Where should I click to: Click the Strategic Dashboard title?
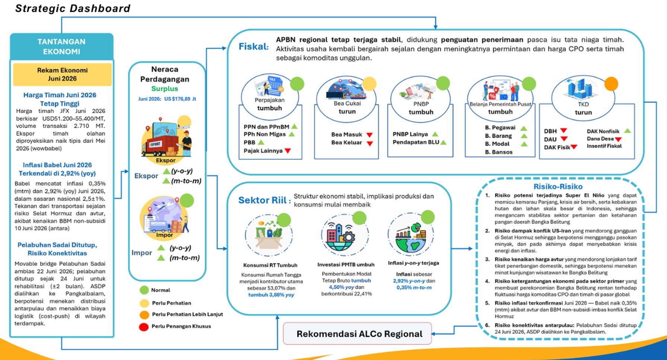[73, 8]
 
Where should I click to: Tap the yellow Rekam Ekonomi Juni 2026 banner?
[62, 74]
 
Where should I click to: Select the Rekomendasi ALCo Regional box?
[358, 334]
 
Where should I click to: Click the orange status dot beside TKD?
[611, 84]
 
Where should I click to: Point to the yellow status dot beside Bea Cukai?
[369, 84]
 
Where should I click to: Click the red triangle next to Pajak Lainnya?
[288, 151]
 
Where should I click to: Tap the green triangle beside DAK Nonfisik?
[628, 131]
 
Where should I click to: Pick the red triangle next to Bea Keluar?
[369, 143]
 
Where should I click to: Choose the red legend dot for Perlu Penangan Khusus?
[144, 327]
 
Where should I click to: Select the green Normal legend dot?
[144, 290]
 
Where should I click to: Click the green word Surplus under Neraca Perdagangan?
[165, 89]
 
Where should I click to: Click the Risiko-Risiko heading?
[558, 187]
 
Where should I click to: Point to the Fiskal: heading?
[254, 47]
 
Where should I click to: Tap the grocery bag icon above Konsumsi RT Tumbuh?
[268, 235]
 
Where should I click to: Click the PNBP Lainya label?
[410, 134]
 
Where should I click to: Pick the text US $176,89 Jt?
[180, 99]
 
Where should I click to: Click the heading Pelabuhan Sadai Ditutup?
[57, 245]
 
